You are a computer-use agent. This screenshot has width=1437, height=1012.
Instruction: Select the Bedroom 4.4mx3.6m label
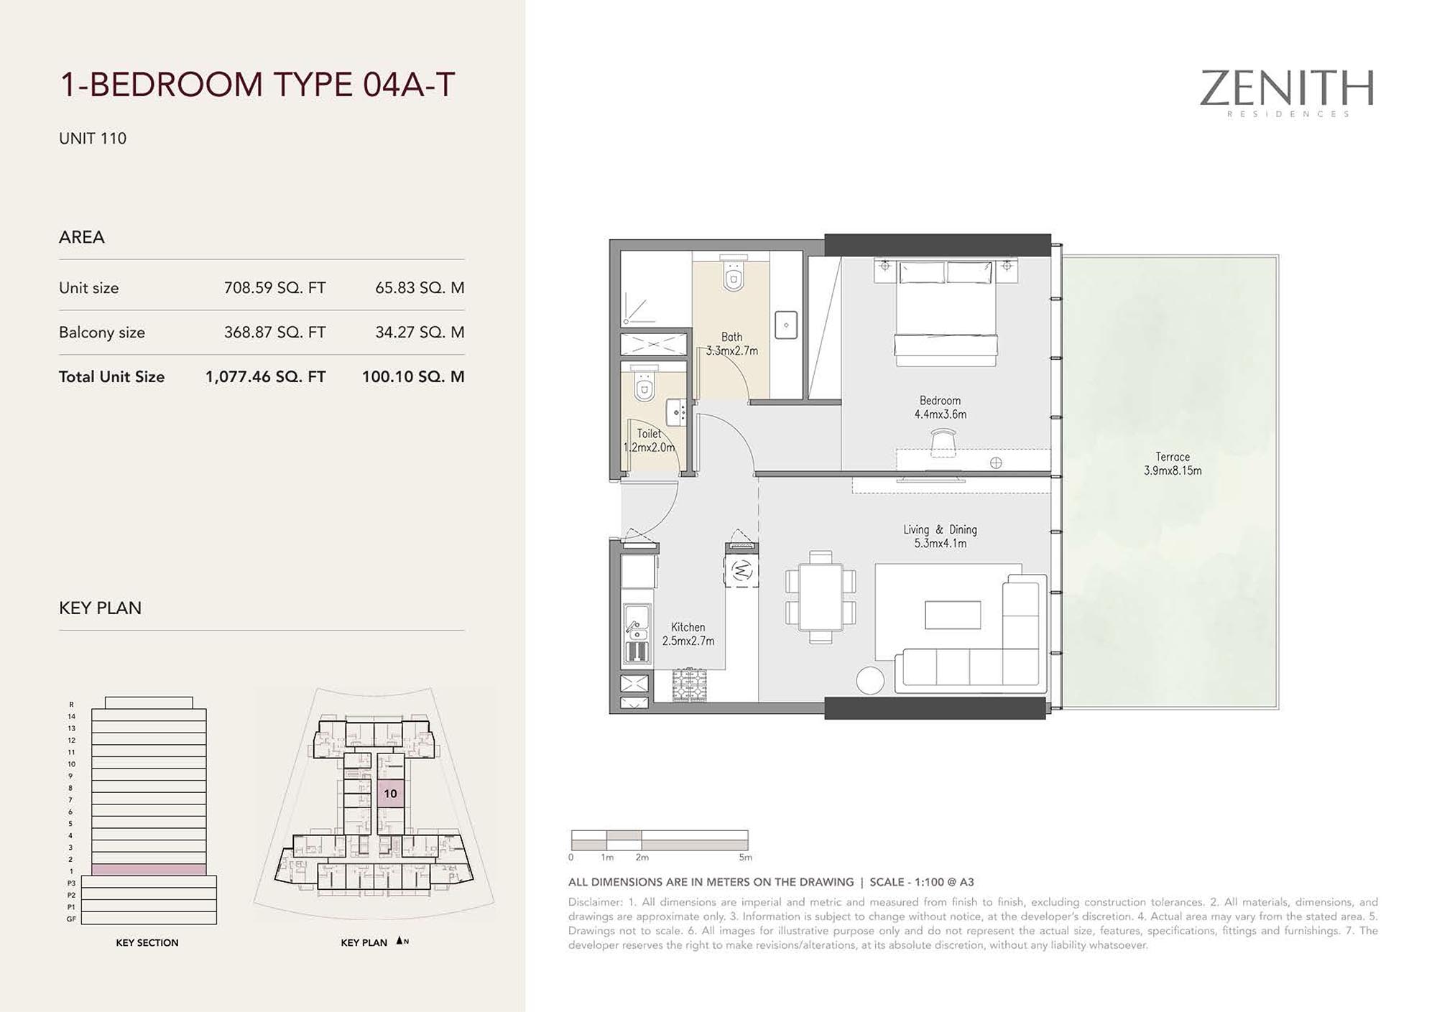pos(940,407)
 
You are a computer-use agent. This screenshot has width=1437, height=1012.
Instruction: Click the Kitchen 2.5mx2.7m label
pos(688,634)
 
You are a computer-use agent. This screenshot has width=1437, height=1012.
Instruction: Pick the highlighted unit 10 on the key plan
pos(390,793)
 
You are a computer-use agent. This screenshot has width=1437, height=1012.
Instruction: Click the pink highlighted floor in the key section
pos(149,869)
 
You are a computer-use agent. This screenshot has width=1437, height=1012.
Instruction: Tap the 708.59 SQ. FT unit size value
pos(274,288)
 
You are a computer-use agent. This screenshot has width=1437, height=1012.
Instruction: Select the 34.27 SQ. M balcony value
pos(420,333)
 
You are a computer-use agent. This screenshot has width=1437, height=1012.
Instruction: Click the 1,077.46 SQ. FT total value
pos(265,377)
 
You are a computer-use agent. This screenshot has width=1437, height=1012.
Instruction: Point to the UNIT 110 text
pos(93,139)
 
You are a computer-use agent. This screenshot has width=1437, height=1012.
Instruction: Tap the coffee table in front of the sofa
pos(953,615)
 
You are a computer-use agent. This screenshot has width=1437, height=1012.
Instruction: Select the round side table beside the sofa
pos(870,680)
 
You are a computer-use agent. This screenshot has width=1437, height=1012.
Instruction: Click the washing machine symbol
pos(741,571)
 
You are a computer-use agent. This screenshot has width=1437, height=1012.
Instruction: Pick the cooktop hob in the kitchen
pos(689,684)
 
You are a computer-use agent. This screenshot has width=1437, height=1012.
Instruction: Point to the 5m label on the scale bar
pos(746,858)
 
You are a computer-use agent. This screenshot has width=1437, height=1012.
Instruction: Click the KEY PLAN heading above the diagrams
pos(100,608)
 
